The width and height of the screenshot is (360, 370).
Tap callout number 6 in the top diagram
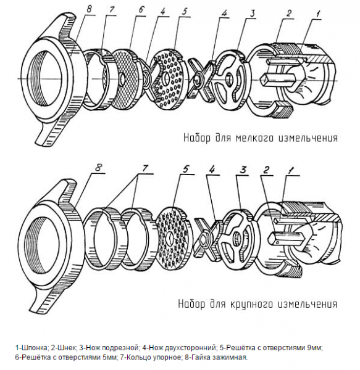pyautogui.click(x=141, y=10)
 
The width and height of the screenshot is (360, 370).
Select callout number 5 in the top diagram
pyautogui.click(x=185, y=11)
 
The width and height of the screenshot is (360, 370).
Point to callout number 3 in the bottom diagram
pyautogui.click(x=243, y=170)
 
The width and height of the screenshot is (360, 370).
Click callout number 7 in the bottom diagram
pyautogui.click(x=144, y=168)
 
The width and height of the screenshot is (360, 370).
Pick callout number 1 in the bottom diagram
pyautogui.click(x=291, y=170)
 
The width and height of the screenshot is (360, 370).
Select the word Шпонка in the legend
pyautogui.click(x=35, y=348)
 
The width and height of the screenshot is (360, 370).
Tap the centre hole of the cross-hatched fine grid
pyautogui.click(x=122, y=80)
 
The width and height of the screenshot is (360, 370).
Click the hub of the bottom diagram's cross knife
pyautogui.click(x=203, y=240)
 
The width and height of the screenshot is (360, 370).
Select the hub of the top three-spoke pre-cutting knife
pyautogui.click(x=228, y=78)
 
